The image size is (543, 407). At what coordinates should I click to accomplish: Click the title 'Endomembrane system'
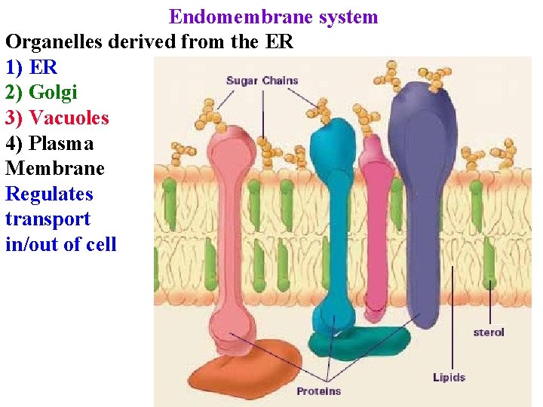(x=273, y=17)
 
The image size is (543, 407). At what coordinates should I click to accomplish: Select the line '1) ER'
(x=31, y=67)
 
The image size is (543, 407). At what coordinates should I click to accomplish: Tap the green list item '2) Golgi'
(x=41, y=93)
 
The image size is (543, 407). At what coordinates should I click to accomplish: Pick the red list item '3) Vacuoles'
(x=57, y=118)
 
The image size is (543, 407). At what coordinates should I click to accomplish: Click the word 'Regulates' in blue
(x=49, y=194)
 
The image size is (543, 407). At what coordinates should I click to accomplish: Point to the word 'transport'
(x=48, y=219)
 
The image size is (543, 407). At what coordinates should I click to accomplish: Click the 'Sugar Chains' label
(x=262, y=81)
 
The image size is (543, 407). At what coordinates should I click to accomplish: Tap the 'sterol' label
(x=489, y=332)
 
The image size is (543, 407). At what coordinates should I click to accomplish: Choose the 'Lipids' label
(x=449, y=377)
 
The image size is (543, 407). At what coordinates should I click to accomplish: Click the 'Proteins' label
(x=318, y=390)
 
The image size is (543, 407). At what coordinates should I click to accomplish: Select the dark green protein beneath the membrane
(x=354, y=344)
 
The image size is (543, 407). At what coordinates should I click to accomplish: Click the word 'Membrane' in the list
(x=55, y=168)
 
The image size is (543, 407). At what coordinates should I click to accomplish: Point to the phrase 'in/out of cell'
(x=60, y=244)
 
